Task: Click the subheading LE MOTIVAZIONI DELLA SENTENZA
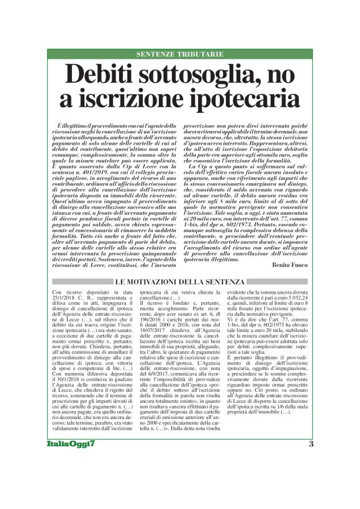[x=180, y=283]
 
